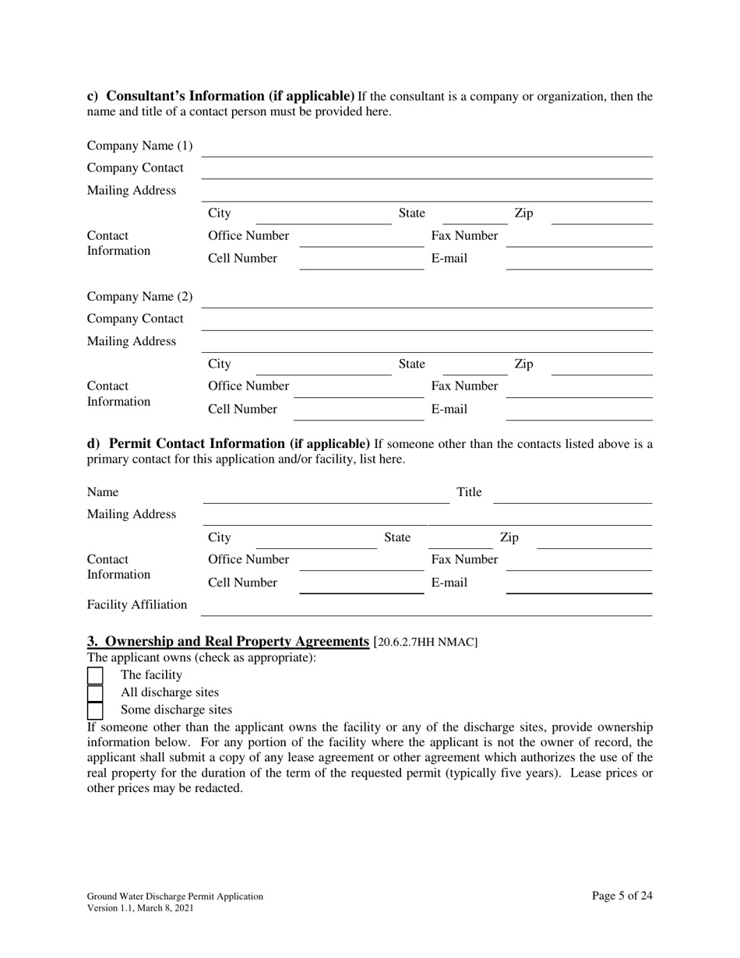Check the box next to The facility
point(94,675)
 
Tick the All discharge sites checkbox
point(94,692)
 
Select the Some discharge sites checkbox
point(94,710)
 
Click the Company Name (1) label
point(139,146)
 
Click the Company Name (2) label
point(139,297)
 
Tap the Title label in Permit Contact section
point(469,492)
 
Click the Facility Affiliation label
point(137,604)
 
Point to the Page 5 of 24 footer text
point(622,896)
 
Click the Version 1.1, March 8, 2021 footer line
point(140,908)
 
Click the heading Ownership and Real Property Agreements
point(227,642)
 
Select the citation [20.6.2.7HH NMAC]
point(425,643)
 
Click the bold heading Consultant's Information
point(220,97)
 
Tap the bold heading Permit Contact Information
point(228,444)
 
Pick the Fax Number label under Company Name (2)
point(465,386)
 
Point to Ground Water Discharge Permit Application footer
point(175,896)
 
